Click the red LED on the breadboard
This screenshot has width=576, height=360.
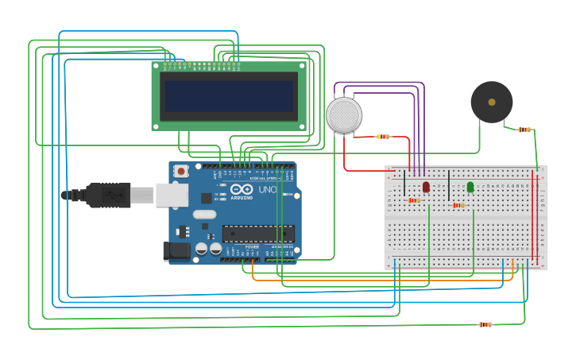[426, 187]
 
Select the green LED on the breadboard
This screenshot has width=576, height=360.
[470, 187]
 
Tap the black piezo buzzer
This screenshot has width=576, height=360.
[491, 102]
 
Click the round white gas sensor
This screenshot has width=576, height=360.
[344, 115]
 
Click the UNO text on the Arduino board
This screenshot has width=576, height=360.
[268, 190]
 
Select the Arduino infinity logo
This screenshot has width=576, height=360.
[242, 190]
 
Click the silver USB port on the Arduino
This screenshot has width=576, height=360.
[171, 195]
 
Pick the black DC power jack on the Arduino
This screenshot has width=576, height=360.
[176, 251]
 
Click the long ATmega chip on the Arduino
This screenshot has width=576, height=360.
[258, 234]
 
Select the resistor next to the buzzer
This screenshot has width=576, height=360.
[524, 130]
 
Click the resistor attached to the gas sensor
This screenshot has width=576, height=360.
[383, 137]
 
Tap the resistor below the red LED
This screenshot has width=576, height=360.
[415, 200]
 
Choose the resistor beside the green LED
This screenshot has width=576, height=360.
[458, 205]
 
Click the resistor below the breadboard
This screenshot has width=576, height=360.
[485, 324]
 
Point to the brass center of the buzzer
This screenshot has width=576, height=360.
[491, 102]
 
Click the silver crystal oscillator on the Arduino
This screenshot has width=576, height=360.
[204, 214]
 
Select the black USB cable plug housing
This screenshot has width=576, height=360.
[107, 195]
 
